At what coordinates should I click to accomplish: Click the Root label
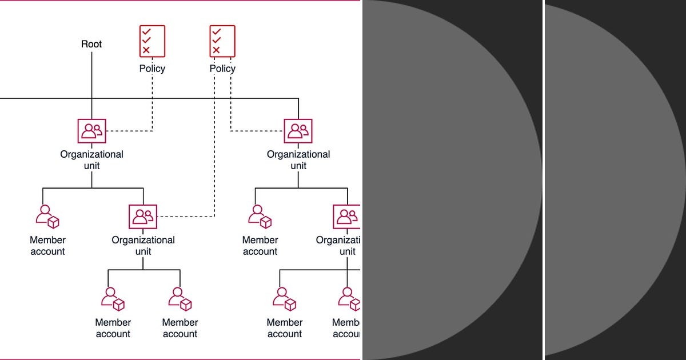click(x=91, y=44)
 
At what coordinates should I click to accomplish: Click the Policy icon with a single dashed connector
click(x=152, y=41)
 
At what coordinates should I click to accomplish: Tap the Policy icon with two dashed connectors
click(x=222, y=41)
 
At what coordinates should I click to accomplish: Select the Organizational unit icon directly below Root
click(x=91, y=131)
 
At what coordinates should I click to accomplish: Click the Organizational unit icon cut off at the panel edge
click(x=346, y=216)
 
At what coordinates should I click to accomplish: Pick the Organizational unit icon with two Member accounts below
click(x=143, y=216)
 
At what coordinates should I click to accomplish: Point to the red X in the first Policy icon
click(x=146, y=50)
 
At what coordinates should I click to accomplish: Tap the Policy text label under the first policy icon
click(x=152, y=69)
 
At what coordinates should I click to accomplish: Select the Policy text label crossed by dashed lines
click(x=222, y=69)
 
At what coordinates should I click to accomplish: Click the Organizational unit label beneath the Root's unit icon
click(x=91, y=160)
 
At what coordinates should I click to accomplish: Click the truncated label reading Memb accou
click(x=346, y=329)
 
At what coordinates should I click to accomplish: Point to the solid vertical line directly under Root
click(x=91, y=80)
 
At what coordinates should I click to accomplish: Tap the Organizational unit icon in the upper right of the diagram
click(x=298, y=131)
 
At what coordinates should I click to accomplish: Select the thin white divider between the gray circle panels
click(x=543, y=180)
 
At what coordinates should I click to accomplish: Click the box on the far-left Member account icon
click(x=54, y=222)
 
